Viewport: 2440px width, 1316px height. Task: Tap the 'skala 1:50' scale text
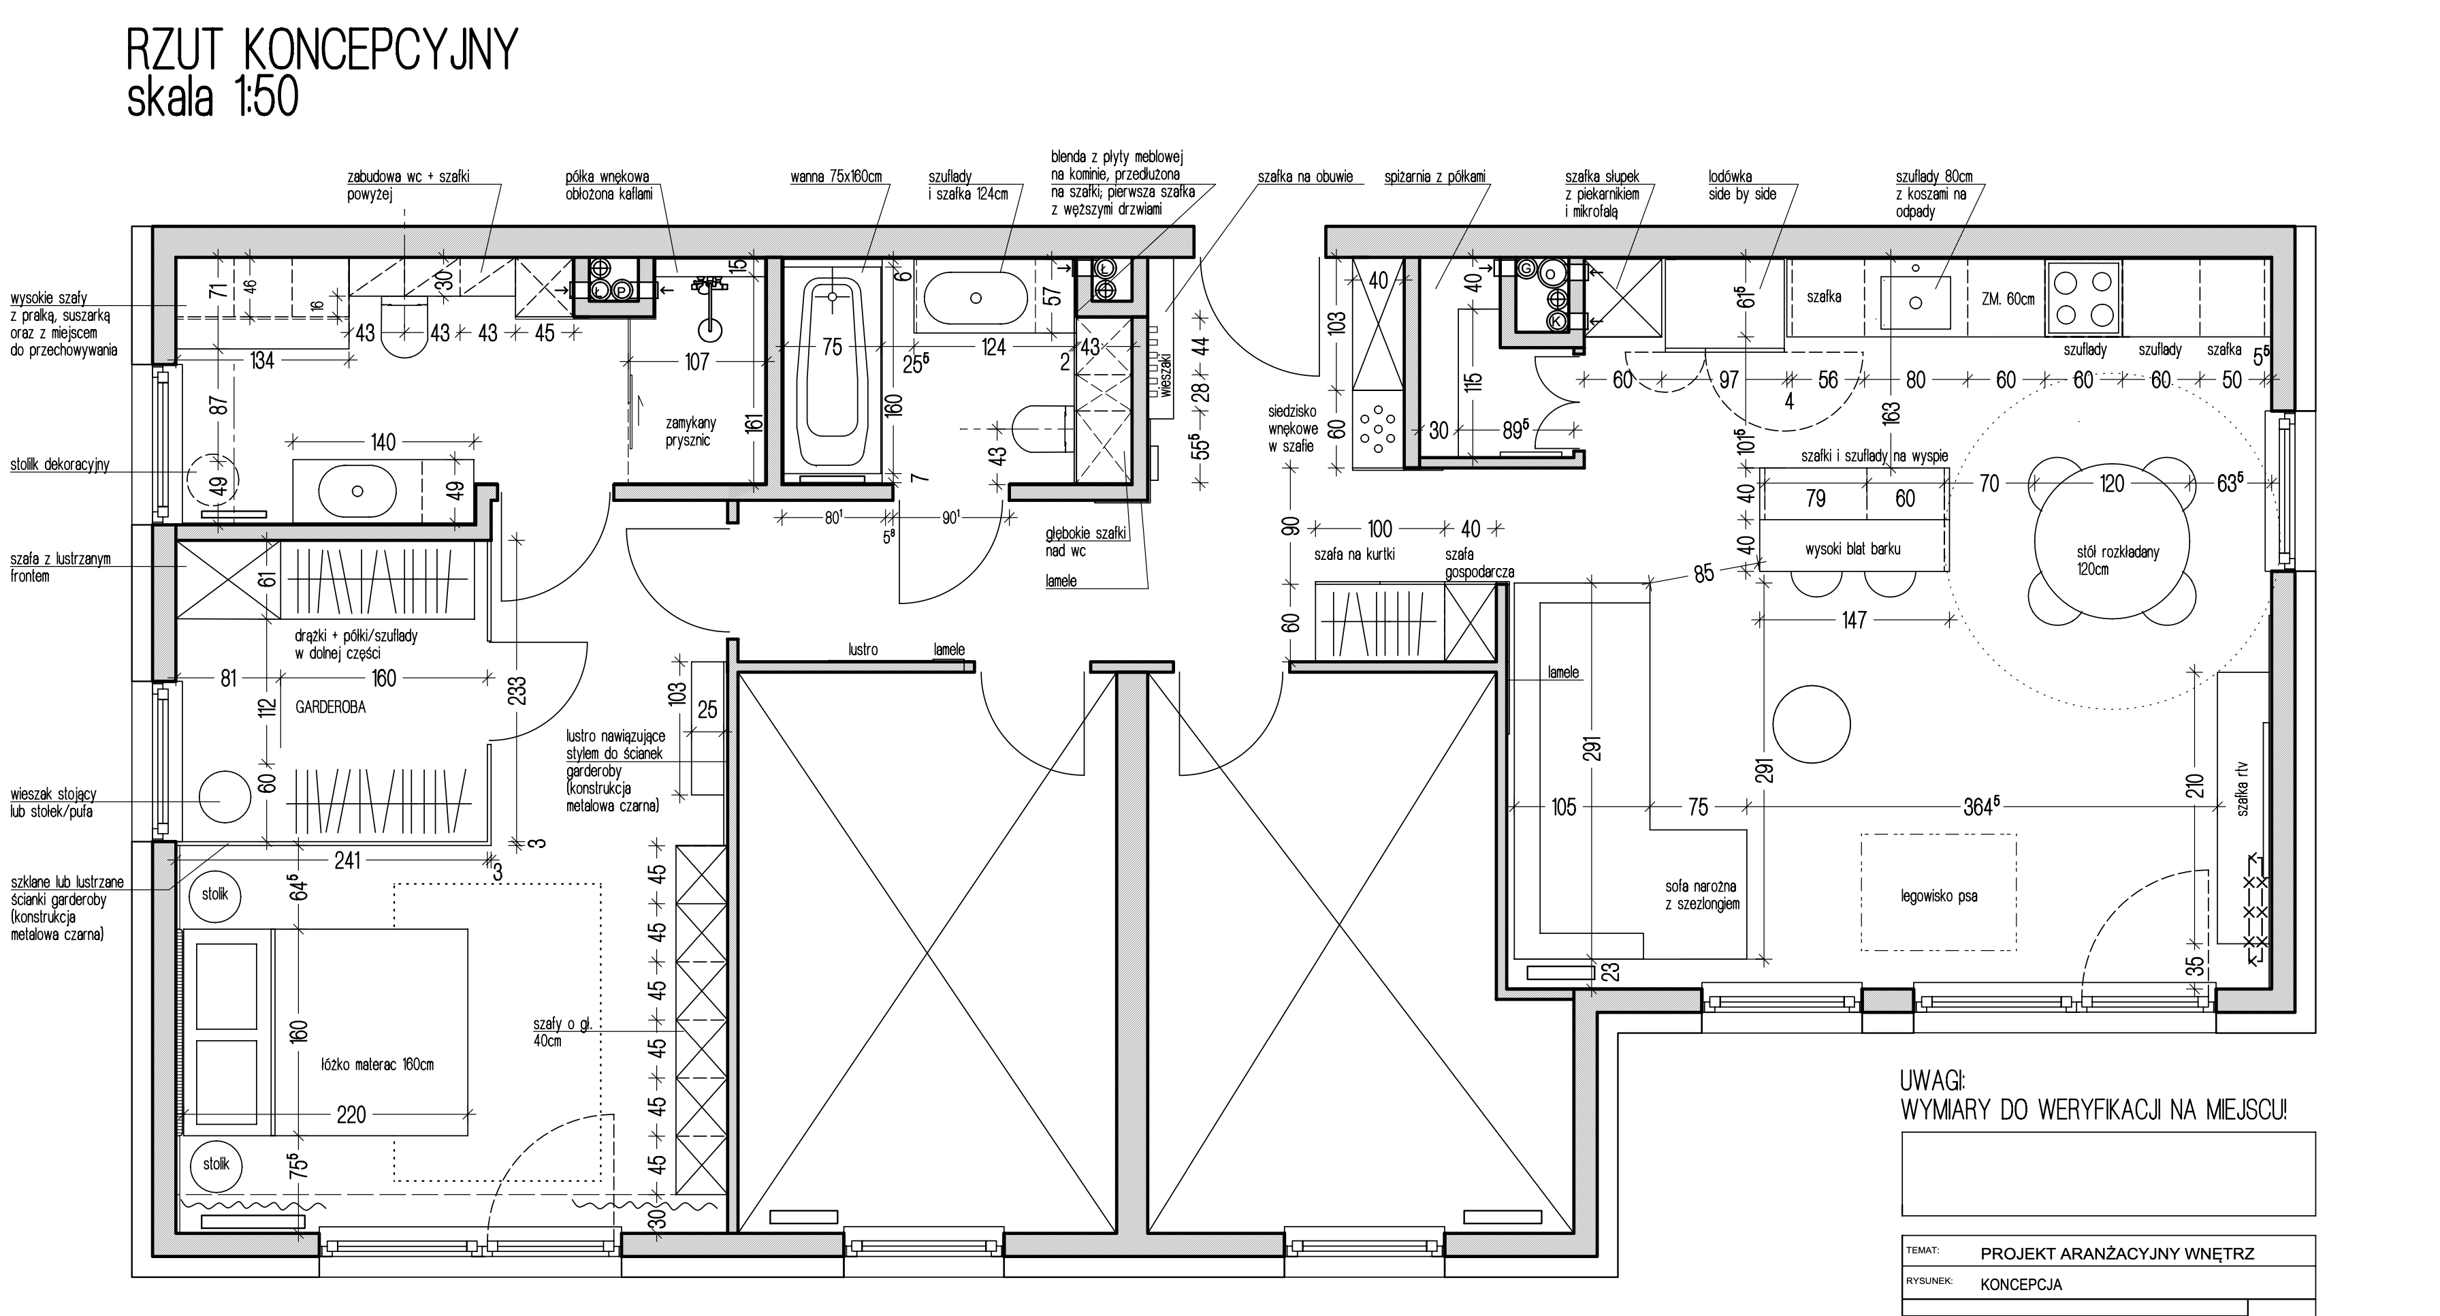point(212,97)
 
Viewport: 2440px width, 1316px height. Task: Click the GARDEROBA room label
point(330,707)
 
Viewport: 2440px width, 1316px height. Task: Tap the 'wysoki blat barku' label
point(1852,548)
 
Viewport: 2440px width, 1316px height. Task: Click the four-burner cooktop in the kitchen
point(2083,298)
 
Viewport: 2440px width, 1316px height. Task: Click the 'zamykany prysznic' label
point(690,431)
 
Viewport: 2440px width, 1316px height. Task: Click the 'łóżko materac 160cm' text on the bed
point(377,1064)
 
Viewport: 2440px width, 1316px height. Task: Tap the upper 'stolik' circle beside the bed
point(215,894)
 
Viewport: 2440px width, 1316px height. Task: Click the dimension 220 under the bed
point(351,1115)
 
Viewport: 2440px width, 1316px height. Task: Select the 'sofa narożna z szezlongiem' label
point(1702,895)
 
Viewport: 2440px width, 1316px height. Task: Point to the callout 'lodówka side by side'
point(1742,185)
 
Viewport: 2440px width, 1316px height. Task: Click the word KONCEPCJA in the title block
point(2021,1285)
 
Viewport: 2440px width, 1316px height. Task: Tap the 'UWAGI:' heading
point(1932,1081)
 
